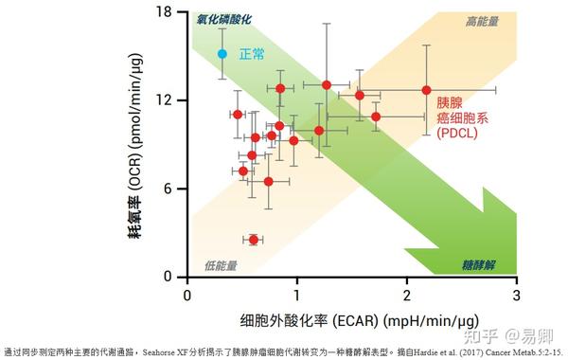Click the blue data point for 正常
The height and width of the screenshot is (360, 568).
click(x=222, y=54)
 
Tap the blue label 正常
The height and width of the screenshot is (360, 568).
click(x=252, y=54)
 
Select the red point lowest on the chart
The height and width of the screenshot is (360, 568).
click(x=254, y=240)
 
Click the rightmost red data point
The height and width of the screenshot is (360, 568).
click(x=426, y=90)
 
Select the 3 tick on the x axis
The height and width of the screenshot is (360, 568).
click(x=516, y=296)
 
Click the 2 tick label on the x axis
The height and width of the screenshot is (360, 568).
click(x=407, y=296)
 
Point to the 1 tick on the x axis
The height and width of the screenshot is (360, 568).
click(x=297, y=296)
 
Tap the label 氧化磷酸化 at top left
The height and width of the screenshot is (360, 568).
click(x=225, y=19)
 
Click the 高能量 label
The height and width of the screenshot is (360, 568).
click(x=483, y=20)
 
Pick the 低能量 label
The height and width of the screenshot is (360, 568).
click(x=220, y=265)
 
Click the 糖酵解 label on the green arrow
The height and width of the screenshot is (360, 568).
click(x=483, y=265)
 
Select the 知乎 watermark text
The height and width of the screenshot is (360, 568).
click(x=483, y=333)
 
